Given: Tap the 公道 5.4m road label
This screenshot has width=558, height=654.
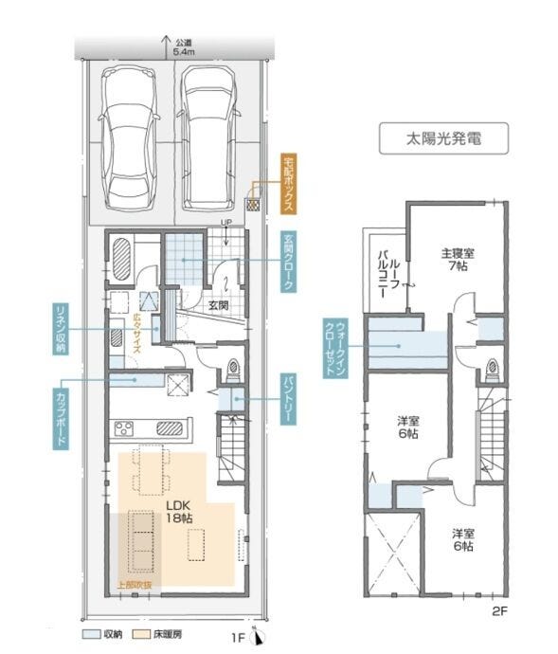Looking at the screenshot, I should tap(184, 48).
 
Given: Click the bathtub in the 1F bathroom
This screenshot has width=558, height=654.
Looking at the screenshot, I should tap(121, 258).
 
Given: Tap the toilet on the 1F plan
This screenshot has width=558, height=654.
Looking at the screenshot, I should tap(233, 367).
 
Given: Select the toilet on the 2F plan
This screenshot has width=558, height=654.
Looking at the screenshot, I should tap(491, 369).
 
